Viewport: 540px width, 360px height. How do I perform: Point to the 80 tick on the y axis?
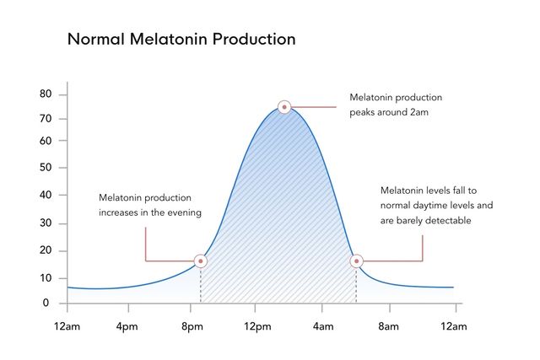tap(46, 94)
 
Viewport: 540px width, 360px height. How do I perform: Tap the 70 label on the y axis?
tap(46, 119)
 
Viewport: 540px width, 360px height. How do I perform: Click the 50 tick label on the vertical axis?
tap(46, 168)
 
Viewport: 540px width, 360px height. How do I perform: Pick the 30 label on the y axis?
tap(46, 223)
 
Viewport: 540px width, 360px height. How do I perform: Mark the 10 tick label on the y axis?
tap(46, 278)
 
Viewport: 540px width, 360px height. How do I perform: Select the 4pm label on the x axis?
tap(127, 326)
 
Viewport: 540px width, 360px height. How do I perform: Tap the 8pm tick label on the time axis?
tap(192, 326)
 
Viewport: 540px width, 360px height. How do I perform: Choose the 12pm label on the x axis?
tap(257, 326)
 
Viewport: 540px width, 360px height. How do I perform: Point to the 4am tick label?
tap(323, 326)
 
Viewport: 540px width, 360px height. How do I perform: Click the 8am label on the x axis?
tap(388, 326)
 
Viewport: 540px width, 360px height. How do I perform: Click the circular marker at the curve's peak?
tap(284, 107)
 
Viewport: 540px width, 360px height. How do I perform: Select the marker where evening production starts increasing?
tap(201, 261)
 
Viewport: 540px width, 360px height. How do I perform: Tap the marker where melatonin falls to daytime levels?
tap(356, 261)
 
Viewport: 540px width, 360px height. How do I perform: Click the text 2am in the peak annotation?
tap(419, 112)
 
